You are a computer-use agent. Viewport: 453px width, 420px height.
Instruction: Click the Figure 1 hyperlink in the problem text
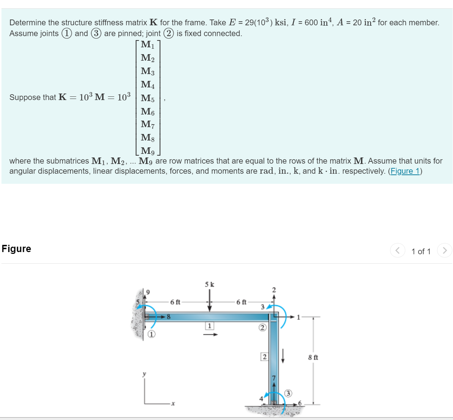tap(405, 171)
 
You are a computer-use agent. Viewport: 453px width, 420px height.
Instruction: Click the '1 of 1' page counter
tap(421, 251)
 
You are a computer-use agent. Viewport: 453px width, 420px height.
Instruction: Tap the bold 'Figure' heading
tap(16, 249)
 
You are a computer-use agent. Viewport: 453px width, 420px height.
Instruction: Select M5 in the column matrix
tap(148, 98)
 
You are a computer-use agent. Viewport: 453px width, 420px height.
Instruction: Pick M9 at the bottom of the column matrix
tap(148, 151)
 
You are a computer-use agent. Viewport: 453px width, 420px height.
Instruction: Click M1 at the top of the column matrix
tap(148, 45)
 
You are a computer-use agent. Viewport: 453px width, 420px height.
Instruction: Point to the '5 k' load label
tap(209, 284)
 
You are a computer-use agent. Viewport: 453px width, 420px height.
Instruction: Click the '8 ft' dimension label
tap(313, 358)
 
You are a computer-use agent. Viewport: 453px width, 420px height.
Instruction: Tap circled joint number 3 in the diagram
tap(288, 393)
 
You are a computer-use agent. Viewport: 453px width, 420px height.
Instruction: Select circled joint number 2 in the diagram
tap(262, 328)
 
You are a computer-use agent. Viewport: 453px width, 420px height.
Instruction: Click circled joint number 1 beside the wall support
tap(151, 334)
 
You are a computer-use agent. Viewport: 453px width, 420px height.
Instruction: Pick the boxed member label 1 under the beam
tap(209, 326)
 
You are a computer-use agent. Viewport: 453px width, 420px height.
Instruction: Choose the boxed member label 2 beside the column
tap(264, 357)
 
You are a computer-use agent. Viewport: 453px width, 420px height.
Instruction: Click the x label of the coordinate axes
tap(173, 403)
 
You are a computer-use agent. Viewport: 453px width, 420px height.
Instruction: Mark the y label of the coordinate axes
tap(144, 374)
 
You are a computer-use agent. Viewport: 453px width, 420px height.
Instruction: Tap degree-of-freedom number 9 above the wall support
tap(148, 292)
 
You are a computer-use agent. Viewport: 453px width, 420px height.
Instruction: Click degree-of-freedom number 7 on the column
tap(274, 378)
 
